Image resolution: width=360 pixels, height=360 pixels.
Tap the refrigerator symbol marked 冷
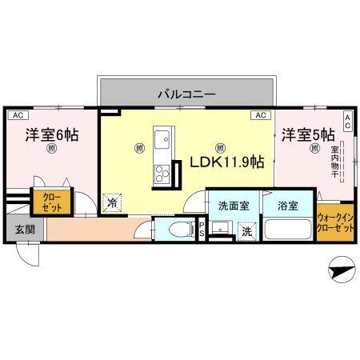pyautogui.click(x=113, y=202)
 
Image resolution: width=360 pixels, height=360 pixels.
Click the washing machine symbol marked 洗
pyautogui.click(x=246, y=231)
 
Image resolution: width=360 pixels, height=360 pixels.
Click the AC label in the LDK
pyautogui.click(x=260, y=115)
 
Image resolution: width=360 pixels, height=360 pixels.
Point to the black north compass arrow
pyautogui.click(x=340, y=272)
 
